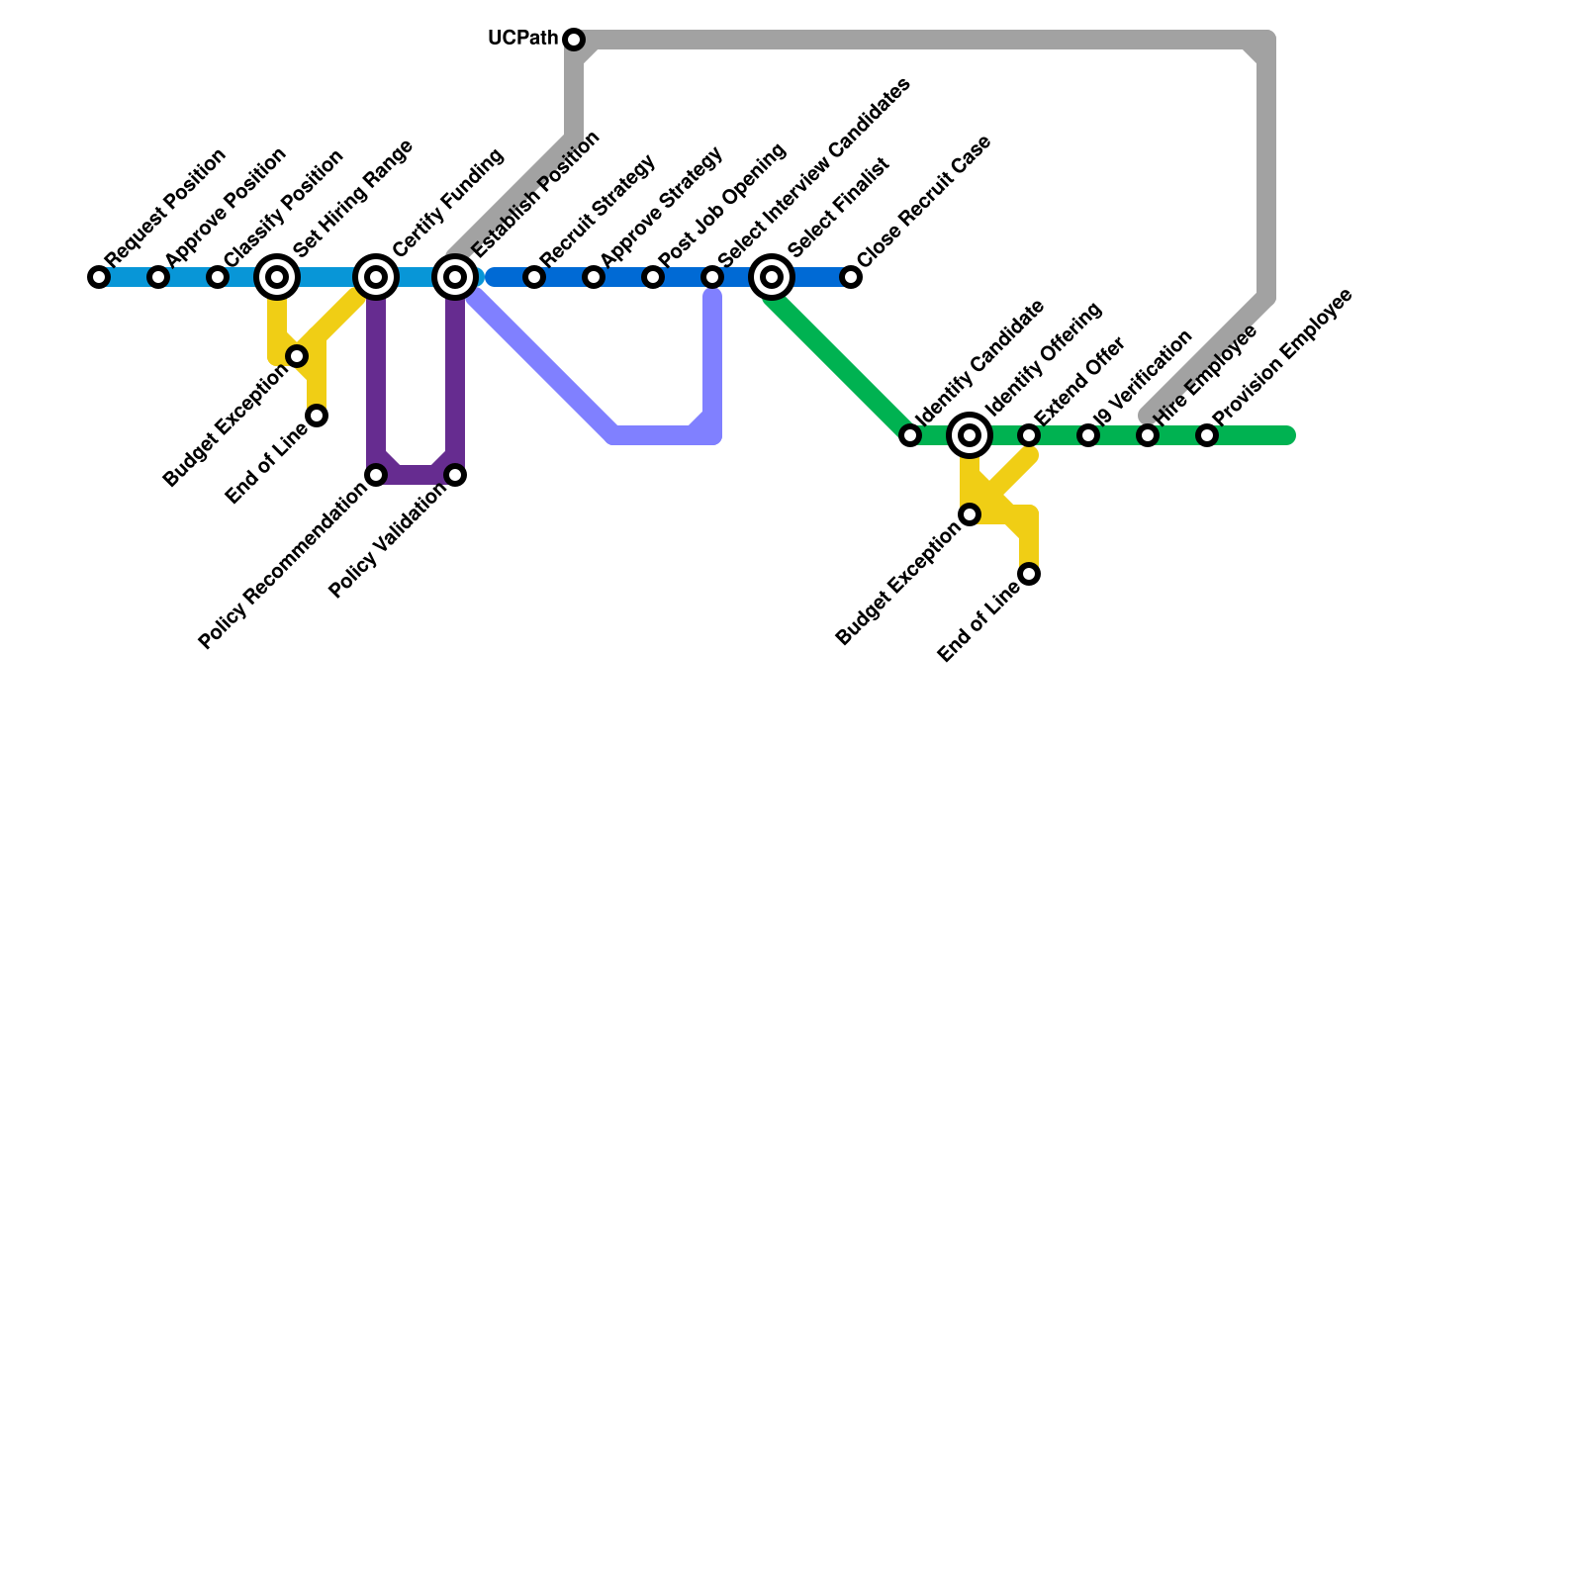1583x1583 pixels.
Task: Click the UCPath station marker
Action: point(574,40)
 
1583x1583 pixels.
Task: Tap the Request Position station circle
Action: point(99,277)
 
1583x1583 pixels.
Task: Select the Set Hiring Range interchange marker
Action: point(277,277)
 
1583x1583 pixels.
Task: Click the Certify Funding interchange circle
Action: point(376,277)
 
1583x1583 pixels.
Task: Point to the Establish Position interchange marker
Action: point(455,277)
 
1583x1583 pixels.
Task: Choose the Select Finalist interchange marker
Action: point(772,277)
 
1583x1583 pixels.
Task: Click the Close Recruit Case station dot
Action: point(851,277)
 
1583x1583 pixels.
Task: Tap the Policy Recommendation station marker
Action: point(376,475)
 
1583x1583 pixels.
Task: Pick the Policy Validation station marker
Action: point(455,475)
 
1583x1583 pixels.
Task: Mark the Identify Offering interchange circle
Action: point(970,435)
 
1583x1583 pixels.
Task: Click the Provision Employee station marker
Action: point(1207,435)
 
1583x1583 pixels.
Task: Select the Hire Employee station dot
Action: point(1148,435)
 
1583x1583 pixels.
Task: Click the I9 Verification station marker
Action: point(1088,435)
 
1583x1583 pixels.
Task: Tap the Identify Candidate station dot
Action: point(910,435)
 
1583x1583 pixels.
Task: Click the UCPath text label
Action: point(523,39)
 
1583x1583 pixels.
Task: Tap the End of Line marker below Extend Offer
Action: point(1029,574)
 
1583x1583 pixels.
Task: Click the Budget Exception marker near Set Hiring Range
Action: point(297,356)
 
